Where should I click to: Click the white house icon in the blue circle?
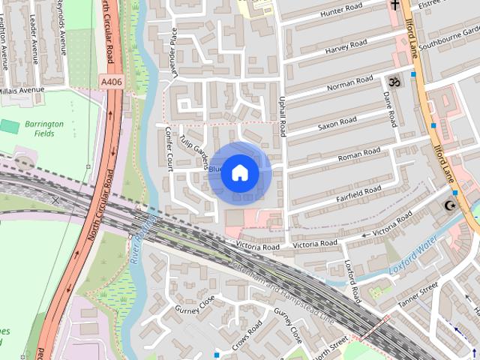239,173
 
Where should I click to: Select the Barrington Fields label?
43,128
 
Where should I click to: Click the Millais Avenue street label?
23,89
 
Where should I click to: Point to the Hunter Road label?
341,11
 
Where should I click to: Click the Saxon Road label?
337,121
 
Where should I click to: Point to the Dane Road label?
390,109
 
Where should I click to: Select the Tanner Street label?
417,293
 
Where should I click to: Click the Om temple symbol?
391,79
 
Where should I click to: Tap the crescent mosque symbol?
451,205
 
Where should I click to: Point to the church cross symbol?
395,6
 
